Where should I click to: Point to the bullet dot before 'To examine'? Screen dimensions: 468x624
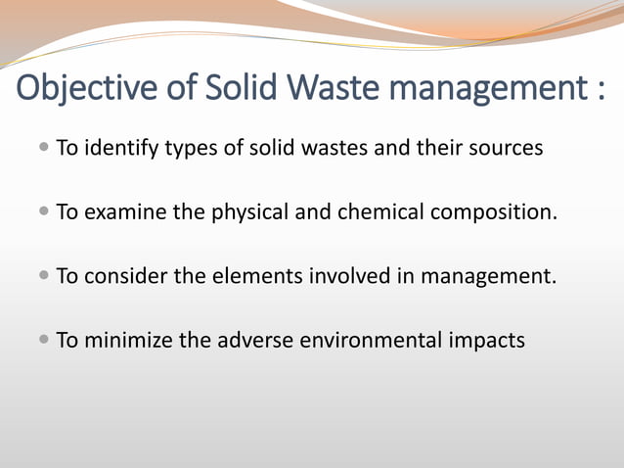(46, 212)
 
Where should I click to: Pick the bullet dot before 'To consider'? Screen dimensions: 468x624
(46, 276)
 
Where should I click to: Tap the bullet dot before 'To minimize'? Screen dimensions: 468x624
(46, 340)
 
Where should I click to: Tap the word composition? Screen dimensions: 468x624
(494, 213)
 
